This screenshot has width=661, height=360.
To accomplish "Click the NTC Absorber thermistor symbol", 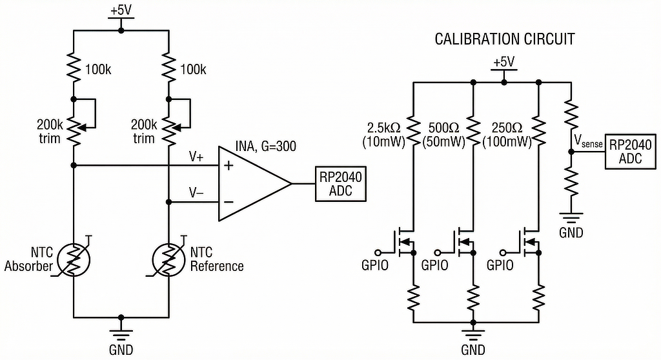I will (x=74, y=260).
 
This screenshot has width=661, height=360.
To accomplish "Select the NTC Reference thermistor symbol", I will (x=168, y=260).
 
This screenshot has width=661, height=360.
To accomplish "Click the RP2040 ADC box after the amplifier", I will (x=340, y=184).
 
